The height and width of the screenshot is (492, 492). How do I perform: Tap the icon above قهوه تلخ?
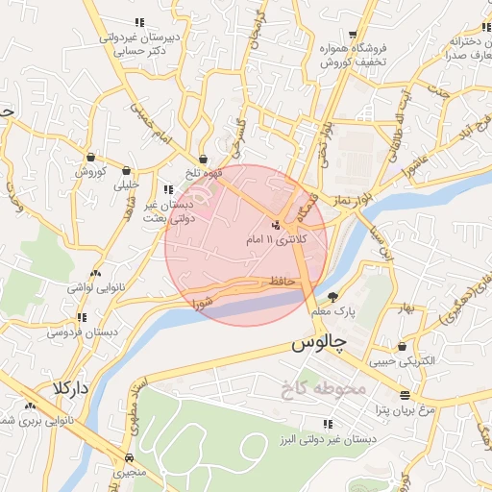(x=203, y=160)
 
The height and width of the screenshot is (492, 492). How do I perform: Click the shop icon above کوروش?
(x=90, y=158)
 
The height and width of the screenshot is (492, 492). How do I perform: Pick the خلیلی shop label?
(x=127, y=184)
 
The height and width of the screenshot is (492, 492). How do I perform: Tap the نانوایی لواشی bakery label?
(x=91, y=286)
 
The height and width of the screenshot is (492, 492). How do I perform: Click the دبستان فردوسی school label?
(x=82, y=332)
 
